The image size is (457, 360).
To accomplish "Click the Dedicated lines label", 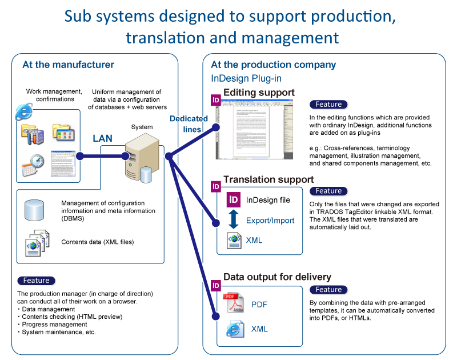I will pos(189,123).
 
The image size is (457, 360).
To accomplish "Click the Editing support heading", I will pos(259,93).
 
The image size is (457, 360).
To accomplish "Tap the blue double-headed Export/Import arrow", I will pos(233,220).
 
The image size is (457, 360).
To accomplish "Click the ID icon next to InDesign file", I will pos(233,200).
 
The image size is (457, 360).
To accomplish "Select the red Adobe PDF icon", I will pos(232,304).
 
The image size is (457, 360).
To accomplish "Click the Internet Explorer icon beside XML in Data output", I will pos(232,329).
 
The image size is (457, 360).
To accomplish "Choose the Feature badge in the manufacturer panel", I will pos(37,281).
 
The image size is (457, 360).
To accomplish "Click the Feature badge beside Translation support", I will pos(329,191).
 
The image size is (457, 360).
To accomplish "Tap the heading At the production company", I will pos(265,65).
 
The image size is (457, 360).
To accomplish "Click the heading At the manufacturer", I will pos(68,65).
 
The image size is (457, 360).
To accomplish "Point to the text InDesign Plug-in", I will pos(246,78).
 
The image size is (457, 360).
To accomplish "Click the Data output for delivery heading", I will pos(277,277).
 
